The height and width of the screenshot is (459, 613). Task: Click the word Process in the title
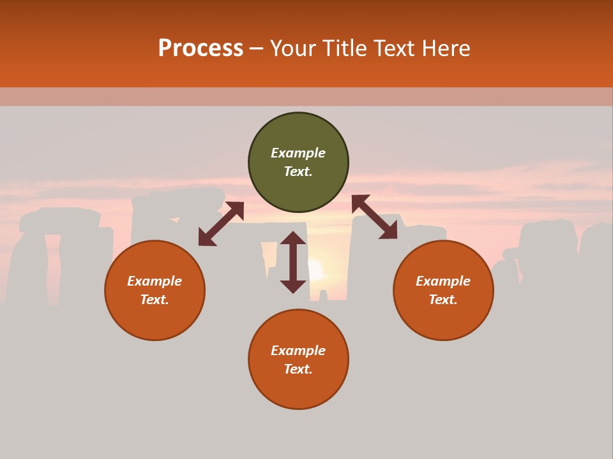[201, 48]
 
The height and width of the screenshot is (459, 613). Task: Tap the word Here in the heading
[444, 48]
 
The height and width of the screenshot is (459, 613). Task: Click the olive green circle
[298, 163]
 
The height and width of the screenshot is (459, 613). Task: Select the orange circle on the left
[155, 291]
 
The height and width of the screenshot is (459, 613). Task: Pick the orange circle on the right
[443, 291]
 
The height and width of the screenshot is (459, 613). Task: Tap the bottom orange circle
[298, 360]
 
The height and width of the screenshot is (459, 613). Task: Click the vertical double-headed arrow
[293, 262]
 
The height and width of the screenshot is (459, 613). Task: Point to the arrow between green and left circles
[221, 224]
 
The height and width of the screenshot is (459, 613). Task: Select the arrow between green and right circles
[375, 217]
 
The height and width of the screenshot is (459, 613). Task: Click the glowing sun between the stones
[315, 269]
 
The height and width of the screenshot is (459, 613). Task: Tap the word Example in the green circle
[298, 153]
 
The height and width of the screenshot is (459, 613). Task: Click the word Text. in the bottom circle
[298, 369]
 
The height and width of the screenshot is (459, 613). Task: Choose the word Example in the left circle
[155, 281]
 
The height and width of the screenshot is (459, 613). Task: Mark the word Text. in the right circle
[443, 300]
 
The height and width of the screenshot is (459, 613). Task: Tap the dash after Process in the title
[257, 48]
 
